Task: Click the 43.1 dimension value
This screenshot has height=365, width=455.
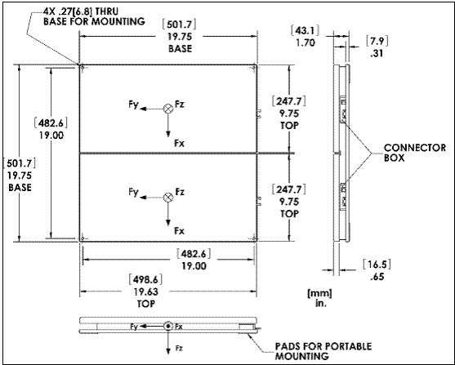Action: coord(305,30)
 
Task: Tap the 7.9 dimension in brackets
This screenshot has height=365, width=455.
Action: coord(377,41)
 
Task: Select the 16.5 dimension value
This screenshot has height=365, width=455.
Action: coord(377,265)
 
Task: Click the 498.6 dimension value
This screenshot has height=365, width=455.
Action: coord(145,279)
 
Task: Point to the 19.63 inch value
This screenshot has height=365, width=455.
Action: coord(146,292)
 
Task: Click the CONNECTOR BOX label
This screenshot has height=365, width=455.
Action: coord(415,153)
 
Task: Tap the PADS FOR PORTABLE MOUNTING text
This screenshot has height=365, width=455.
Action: coord(323,351)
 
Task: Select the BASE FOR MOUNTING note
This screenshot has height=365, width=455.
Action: coord(94,21)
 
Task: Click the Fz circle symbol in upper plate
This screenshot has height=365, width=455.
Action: coord(168,109)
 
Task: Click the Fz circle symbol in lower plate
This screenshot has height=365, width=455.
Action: coord(168,198)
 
